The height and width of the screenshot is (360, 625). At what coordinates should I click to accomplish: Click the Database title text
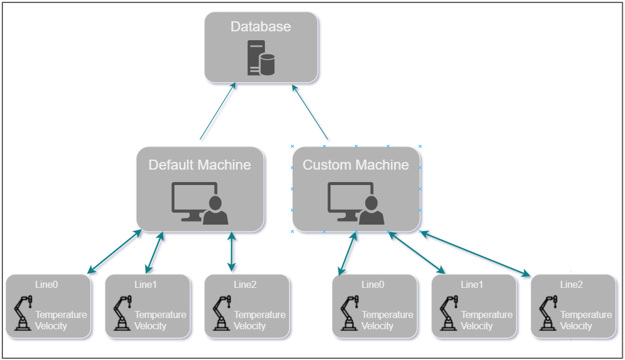[261, 27]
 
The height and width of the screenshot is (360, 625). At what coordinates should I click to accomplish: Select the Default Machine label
[199, 165]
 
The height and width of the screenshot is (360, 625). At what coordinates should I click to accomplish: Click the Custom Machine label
[356, 165]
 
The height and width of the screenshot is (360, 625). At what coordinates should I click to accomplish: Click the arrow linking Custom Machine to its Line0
[347, 253]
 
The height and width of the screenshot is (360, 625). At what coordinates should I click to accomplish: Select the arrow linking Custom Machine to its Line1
[416, 252]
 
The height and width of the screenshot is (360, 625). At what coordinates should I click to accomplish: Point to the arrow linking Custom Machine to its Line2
[475, 254]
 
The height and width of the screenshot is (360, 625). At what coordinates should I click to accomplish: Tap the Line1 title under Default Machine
[145, 285]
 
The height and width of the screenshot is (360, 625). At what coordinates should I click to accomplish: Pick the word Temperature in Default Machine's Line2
[259, 315]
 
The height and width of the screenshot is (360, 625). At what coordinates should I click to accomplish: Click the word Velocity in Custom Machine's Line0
[377, 326]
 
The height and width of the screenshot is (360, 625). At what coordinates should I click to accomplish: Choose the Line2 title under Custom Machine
[571, 285]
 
